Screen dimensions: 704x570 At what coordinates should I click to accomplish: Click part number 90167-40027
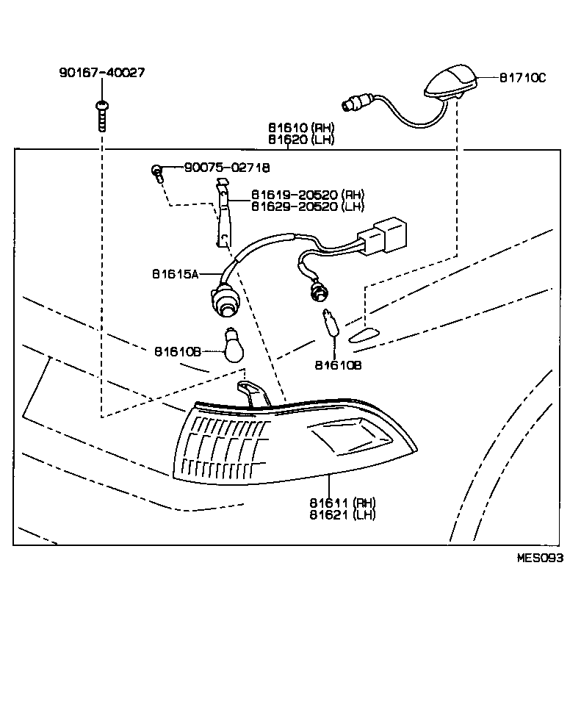pyautogui.click(x=101, y=73)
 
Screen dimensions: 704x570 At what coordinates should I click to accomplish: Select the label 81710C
pyautogui.click(x=522, y=77)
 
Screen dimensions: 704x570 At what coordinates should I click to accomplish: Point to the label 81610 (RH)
pyautogui.click(x=300, y=128)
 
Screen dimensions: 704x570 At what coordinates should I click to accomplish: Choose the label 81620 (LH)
pyautogui.click(x=300, y=140)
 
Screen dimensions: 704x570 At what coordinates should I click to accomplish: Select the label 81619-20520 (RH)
pyautogui.click(x=307, y=195)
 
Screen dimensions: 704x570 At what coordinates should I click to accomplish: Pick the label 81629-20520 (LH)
pyautogui.click(x=307, y=206)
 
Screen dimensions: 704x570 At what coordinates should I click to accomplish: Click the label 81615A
pyautogui.click(x=176, y=273)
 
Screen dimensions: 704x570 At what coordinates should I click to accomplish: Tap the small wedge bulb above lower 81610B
pyautogui.click(x=331, y=324)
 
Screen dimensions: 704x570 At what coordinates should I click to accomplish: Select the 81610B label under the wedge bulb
pyautogui.click(x=338, y=364)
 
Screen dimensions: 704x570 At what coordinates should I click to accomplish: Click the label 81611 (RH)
pyautogui.click(x=342, y=503)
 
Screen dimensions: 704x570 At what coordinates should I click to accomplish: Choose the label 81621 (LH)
pyautogui.click(x=342, y=514)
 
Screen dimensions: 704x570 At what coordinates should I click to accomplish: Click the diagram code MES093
pyautogui.click(x=540, y=558)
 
